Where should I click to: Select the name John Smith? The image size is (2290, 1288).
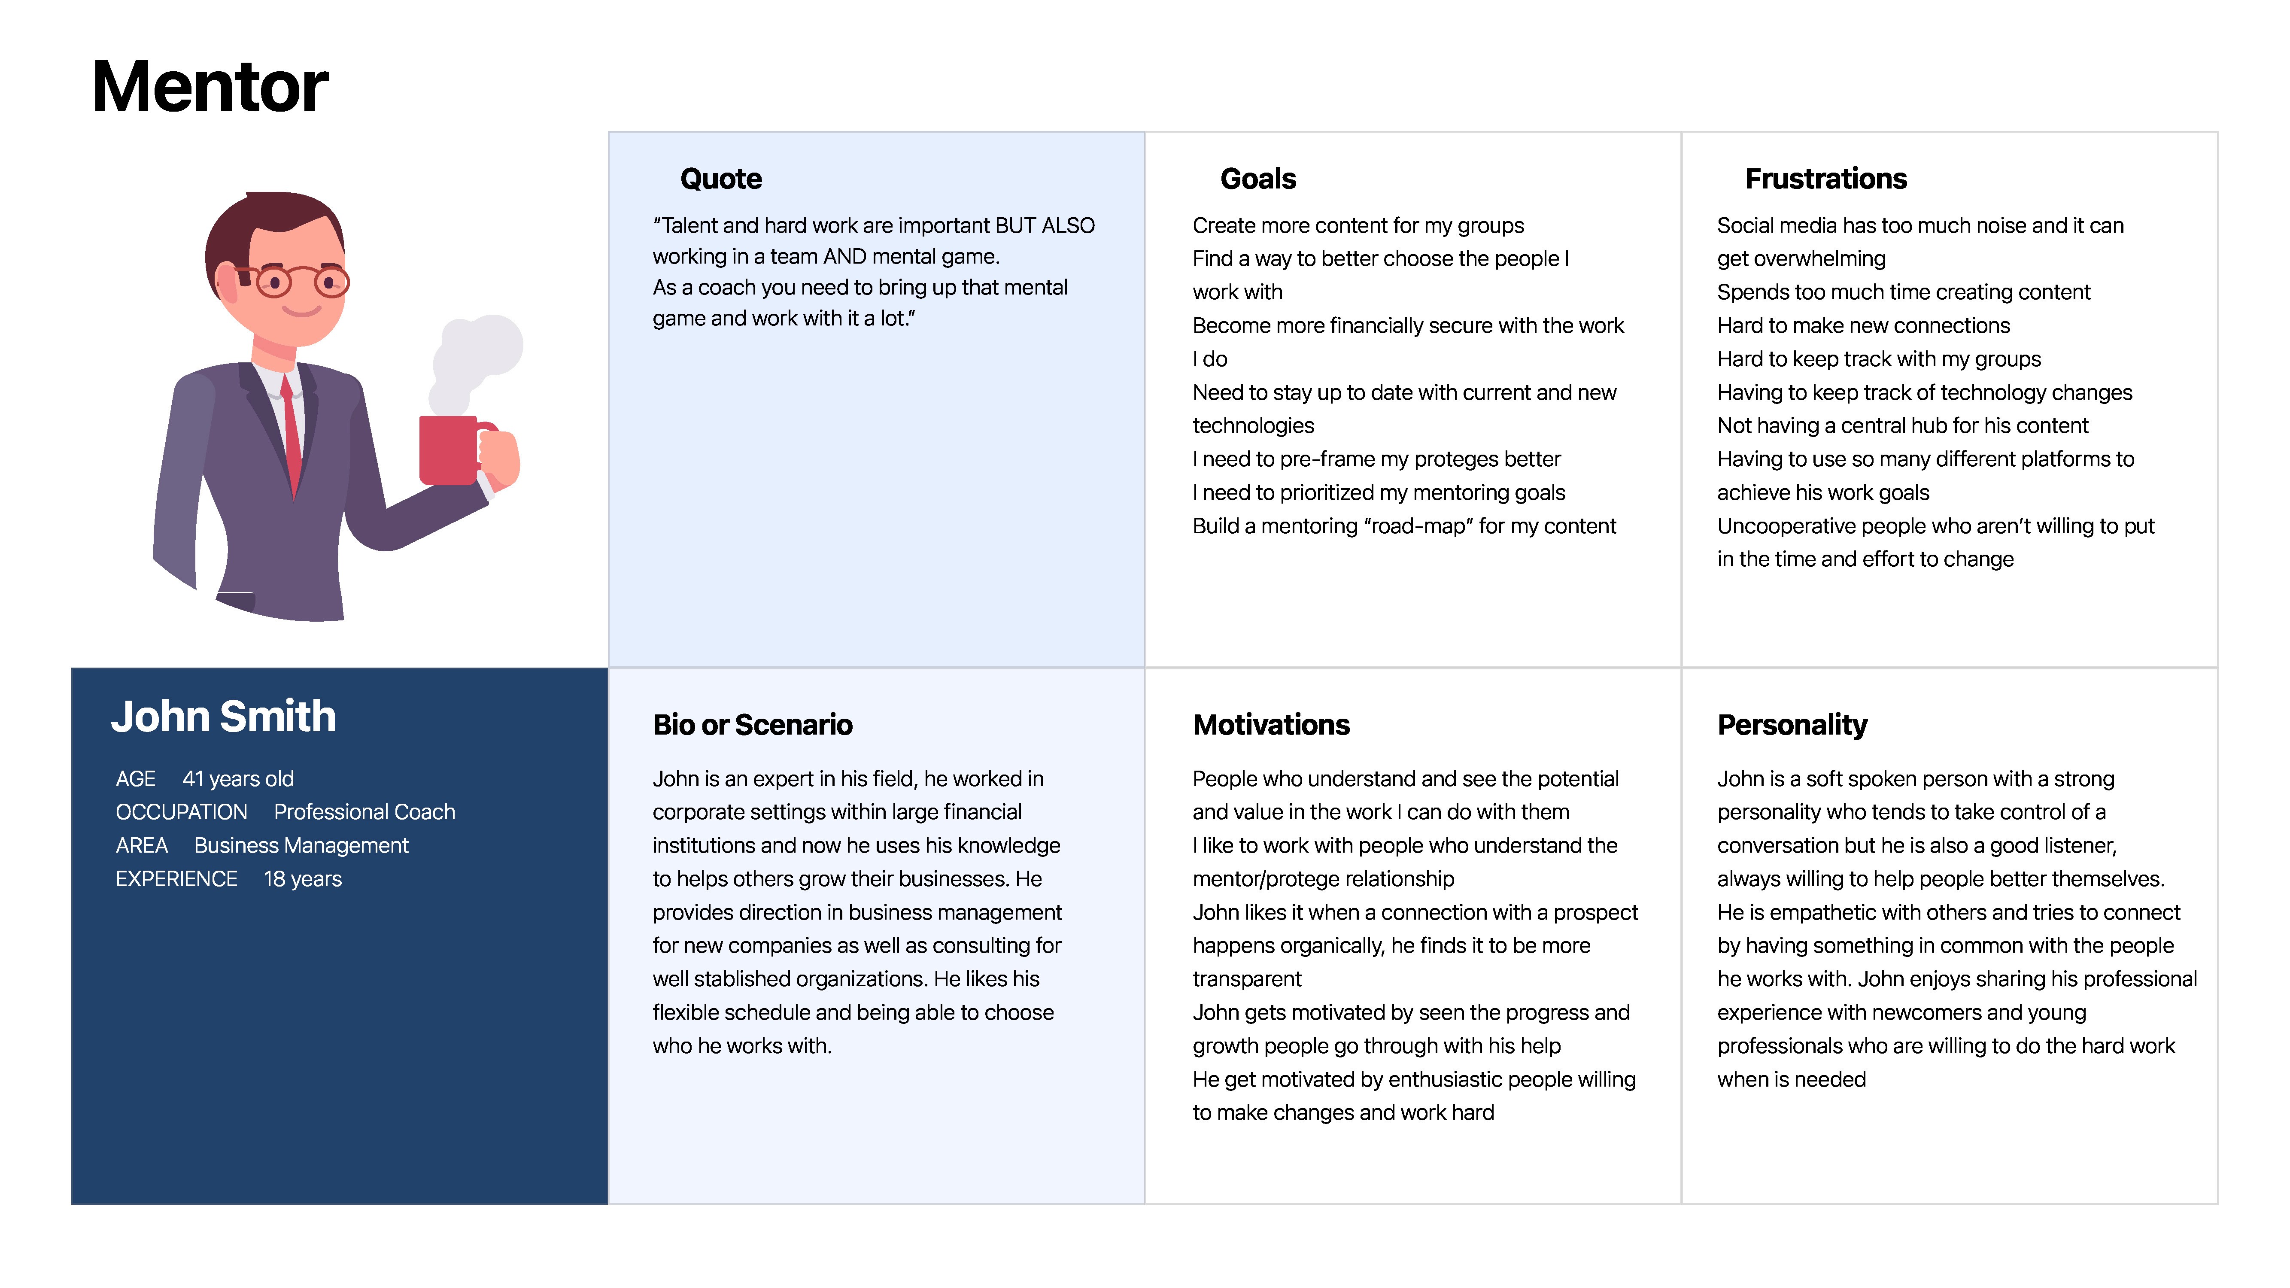click(223, 717)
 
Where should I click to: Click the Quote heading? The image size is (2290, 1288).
click(721, 179)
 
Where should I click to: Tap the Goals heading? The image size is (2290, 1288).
click(1258, 179)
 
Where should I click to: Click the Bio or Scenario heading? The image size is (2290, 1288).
click(752, 724)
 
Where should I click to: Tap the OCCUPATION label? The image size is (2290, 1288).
click(181, 811)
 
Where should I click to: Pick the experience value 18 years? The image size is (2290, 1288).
click(302, 879)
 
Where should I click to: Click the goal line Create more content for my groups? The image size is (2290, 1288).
click(1358, 226)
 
